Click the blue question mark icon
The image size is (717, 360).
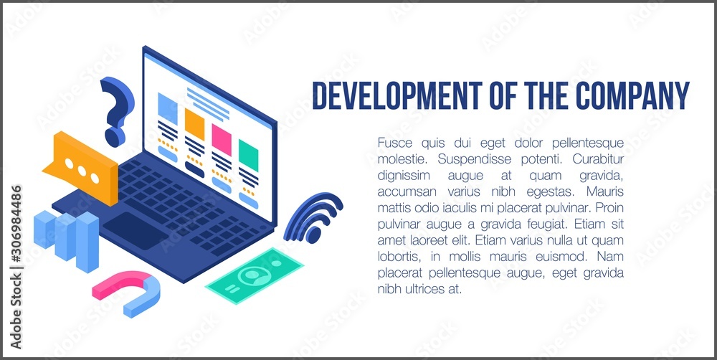point(116,110)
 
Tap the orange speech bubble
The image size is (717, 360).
point(82,168)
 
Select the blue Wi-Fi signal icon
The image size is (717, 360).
point(313,218)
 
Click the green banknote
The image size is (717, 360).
point(255,275)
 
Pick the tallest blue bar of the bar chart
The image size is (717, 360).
point(87,242)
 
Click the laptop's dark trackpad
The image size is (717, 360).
point(135,230)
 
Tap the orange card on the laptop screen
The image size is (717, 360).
point(194,124)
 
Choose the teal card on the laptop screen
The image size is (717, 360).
point(248,156)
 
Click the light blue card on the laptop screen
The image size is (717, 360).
point(167,108)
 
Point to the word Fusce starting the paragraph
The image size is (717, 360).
point(391,143)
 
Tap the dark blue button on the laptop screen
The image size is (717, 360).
point(195,169)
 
